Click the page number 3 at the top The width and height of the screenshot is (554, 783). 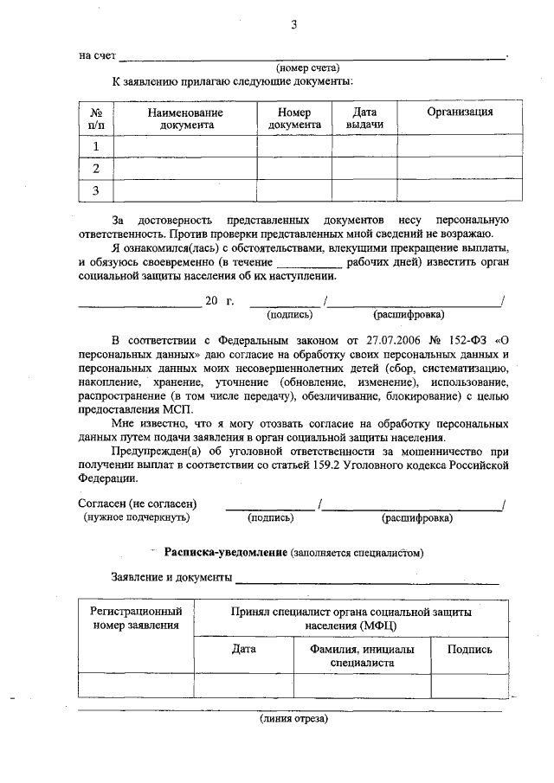pyautogui.click(x=293, y=24)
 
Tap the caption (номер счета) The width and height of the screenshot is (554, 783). pyautogui.click(x=307, y=67)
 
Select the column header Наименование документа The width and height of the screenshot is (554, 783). pyautogui.click(x=185, y=119)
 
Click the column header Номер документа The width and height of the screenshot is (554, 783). pyautogui.click(x=294, y=119)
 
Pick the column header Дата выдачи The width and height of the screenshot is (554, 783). pyautogui.click(x=364, y=119)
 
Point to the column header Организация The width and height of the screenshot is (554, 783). pyautogui.click(x=460, y=112)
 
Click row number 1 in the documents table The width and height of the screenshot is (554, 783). pyautogui.click(x=96, y=145)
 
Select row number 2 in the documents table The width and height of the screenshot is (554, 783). pyautogui.click(x=96, y=168)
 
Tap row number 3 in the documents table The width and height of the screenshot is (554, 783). pyautogui.click(x=96, y=190)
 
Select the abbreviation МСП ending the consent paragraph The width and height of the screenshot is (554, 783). pyautogui.click(x=180, y=409)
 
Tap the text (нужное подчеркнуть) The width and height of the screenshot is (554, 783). pyautogui.click(x=137, y=517)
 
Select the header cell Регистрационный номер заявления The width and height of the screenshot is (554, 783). pyautogui.click(x=136, y=618)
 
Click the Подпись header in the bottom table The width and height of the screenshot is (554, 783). pyautogui.click(x=470, y=649)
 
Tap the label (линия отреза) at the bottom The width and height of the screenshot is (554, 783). pyautogui.click(x=293, y=718)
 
